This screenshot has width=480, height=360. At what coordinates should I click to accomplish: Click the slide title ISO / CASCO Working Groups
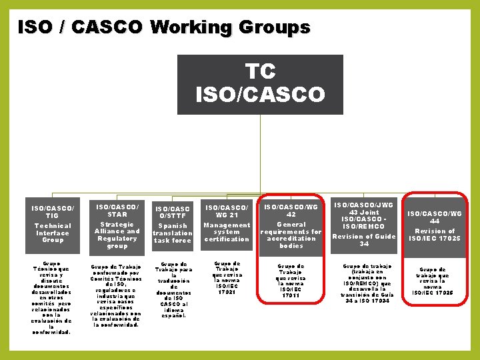click(163, 27)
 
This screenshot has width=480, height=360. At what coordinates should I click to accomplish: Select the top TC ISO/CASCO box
click(260, 84)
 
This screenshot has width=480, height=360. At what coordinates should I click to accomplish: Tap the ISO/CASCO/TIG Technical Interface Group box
click(53, 223)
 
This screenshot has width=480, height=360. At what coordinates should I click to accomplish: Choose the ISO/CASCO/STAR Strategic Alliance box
click(117, 225)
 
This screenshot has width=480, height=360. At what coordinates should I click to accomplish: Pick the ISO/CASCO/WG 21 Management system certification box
click(227, 225)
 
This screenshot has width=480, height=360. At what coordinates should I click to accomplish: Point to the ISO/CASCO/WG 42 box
click(291, 225)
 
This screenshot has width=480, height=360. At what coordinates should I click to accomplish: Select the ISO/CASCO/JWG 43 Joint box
click(364, 225)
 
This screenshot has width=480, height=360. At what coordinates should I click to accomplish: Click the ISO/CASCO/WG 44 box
click(435, 225)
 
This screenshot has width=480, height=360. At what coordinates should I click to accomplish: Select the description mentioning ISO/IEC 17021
click(227, 277)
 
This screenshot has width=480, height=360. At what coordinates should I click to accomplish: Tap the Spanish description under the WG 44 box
click(435, 281)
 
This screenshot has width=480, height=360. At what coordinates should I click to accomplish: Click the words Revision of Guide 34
click(364, 239)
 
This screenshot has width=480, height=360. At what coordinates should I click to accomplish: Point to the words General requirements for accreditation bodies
click(291, 235)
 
